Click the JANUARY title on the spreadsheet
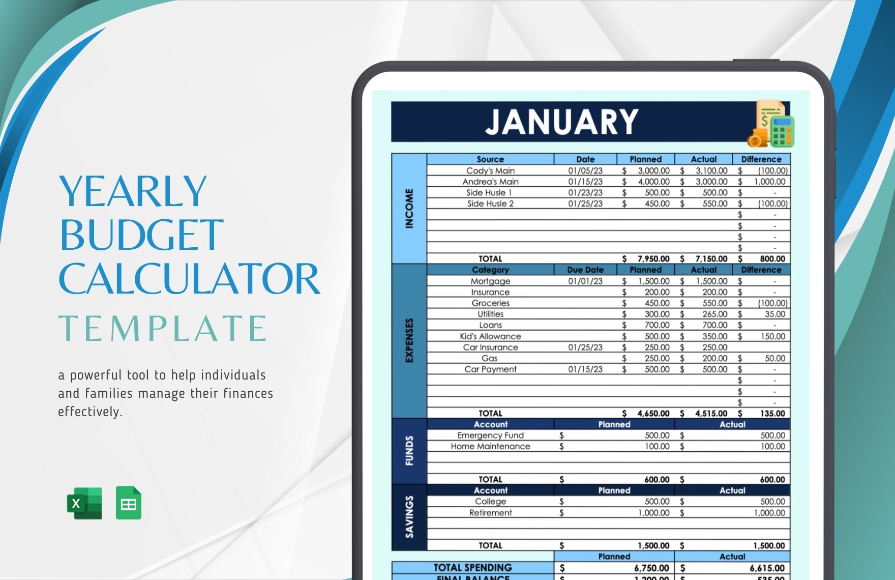coord(561,122)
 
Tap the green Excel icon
coord(84,503)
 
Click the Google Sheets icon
coord(129,503)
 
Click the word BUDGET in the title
coord(142,235)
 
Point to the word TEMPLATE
coord(163,328)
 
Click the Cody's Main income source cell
coord(490,171)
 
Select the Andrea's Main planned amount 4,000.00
coord(653,182)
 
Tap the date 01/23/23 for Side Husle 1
coord(585,193)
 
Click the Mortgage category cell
coord(490,281)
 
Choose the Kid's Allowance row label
coord(490,336)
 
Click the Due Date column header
coord(585,270)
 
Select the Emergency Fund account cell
coord(490,436)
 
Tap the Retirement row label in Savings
coord(490,513)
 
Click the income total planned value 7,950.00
coord(653,259)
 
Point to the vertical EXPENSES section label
coord(409,340)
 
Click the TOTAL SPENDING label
coord(472,568)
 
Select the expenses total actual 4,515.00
coord(711,414)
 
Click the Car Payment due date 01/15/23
coord(585,369)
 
